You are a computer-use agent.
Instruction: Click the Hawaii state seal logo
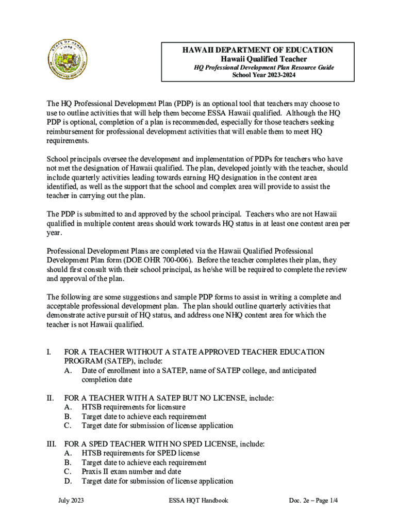69,60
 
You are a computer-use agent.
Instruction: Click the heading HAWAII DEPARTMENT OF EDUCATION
257,50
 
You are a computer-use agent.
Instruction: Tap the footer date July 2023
71,501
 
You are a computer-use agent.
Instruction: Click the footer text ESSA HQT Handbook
198,501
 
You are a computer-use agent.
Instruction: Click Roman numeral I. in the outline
49,352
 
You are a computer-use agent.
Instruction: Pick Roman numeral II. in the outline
50,398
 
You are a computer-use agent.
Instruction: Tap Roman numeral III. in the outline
51,443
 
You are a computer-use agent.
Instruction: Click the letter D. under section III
68,481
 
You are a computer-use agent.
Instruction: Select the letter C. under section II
68,425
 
